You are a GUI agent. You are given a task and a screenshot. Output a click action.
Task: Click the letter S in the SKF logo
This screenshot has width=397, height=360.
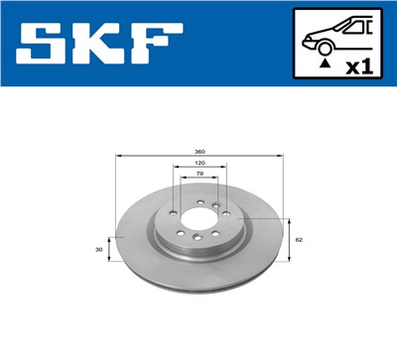pyautogui.click(x=42, y=43)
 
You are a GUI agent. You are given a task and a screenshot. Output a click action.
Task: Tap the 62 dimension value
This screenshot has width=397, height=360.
pyautogui.click(x=299, y=240)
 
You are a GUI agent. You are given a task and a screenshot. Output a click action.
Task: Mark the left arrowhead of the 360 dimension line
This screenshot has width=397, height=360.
pyautogui.click(x=120, y=156)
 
